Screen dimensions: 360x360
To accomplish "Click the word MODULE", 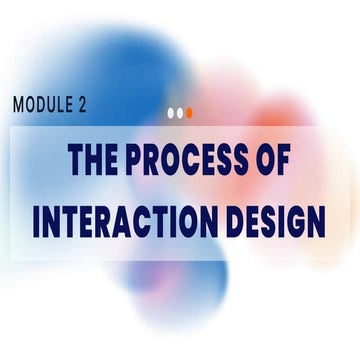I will pyautogui.click(x=43, y=104).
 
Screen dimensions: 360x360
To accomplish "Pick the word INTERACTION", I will pyautogui.click(x=122, y=221).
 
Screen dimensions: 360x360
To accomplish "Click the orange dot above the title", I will pyautogui.click(x=189, y=113).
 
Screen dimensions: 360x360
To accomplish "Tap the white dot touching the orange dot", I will pyautogui.click(x=180, y=113).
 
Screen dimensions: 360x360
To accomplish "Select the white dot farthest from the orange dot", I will pyautogui.click(x=171, y=113).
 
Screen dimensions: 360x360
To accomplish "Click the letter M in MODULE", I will pyautogui.click(x=19, y=104).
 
